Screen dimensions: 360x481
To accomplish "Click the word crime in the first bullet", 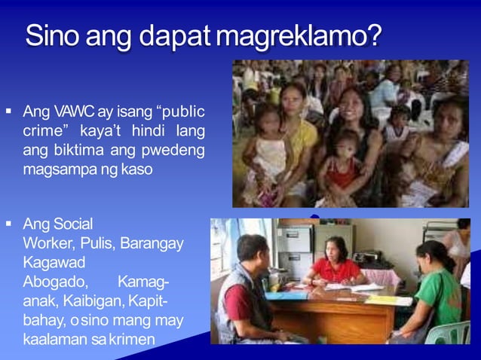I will coord(41,131).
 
